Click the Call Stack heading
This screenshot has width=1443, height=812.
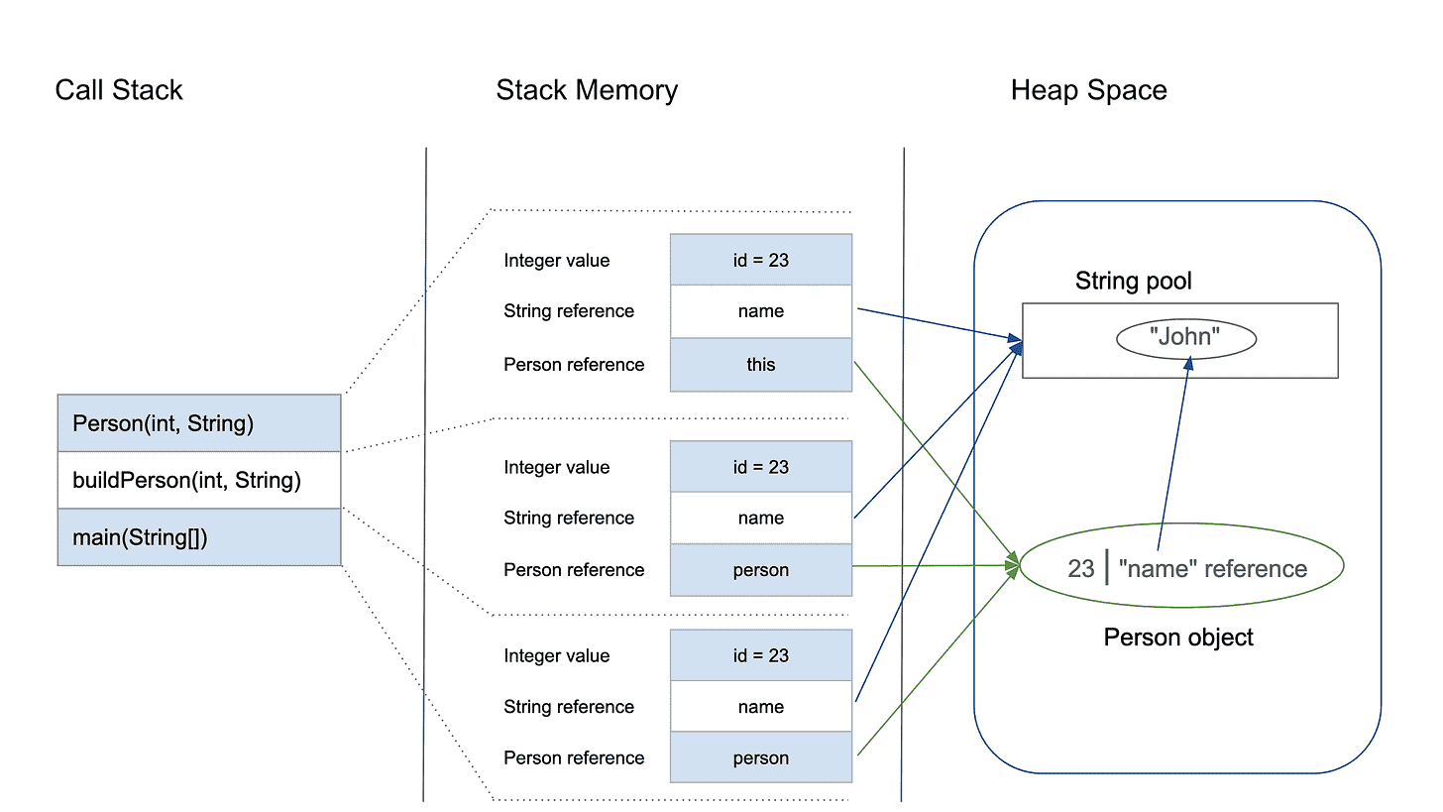click(119, 90)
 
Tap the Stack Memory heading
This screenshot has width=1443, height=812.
click(587, 90)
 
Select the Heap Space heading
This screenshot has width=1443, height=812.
click(1088, 90)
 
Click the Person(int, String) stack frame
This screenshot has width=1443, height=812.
click(199, 423)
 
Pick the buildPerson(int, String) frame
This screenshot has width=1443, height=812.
click(199, 481)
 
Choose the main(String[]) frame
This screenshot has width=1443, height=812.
click(199, 537)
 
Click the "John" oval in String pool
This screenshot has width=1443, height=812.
click(1185, 337)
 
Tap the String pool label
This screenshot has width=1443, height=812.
click(1133, 281)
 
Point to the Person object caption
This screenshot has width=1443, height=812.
click(1178, 637)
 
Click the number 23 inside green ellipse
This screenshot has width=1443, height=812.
click(1080, 568)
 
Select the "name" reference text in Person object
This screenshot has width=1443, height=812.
click(1212, 568)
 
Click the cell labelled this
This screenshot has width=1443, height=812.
click(761, 365)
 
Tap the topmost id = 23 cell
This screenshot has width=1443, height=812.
click(761, 260)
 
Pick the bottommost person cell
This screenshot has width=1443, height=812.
click(761, 757)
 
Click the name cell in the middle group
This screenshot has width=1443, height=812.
click(761, 518)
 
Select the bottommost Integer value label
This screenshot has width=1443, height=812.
click(557, 655)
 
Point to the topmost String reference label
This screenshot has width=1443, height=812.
click(569, 310)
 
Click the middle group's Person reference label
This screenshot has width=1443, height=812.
click(574, 569)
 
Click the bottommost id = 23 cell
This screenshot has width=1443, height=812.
click(761, 655)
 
